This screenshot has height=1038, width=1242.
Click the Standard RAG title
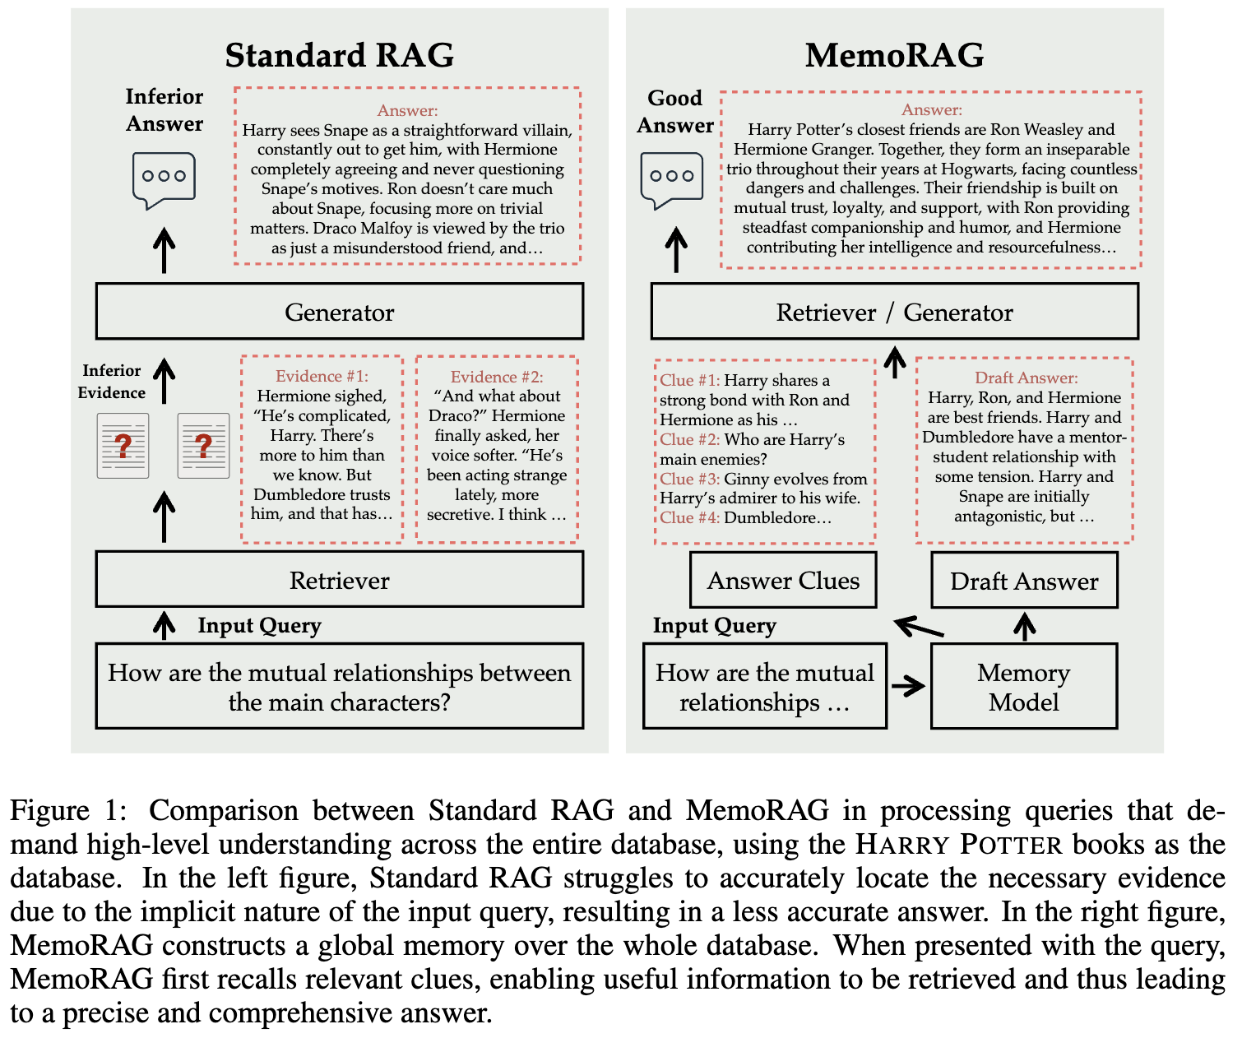339,55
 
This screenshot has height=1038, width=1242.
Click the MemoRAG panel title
894,55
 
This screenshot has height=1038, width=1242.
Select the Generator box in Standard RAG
339,312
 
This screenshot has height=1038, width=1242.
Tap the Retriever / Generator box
894,312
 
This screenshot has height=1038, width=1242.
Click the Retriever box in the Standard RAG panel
339,580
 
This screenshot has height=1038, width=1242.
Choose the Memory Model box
1023,687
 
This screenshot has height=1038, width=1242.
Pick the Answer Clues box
783,580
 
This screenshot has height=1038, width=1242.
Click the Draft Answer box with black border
1023,581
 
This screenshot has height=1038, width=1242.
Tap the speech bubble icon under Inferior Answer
164,179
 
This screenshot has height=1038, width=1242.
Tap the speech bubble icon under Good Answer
671,179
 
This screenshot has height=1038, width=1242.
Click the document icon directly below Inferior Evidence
123,446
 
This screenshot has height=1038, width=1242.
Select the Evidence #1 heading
322,376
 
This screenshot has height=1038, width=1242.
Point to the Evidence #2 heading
497,377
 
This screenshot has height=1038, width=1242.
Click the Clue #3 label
688,479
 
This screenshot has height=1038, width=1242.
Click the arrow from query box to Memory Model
908,686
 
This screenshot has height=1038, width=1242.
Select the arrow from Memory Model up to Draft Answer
1024,627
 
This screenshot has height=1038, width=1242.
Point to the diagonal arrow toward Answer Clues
920,628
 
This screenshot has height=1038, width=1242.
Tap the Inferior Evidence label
111,381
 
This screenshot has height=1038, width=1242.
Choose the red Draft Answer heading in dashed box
1026,378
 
